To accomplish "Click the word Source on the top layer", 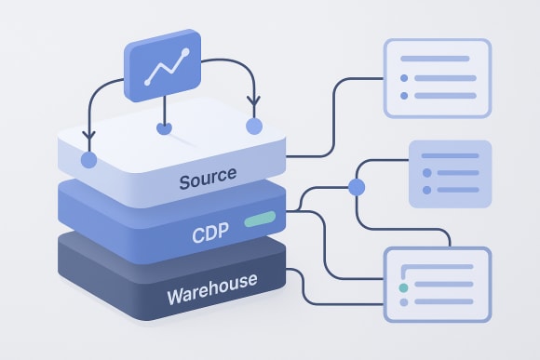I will pos(208,174).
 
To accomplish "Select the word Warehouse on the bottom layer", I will pos(211,299).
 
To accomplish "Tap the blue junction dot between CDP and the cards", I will pos(355,188).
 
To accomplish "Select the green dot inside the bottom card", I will pos(403,288).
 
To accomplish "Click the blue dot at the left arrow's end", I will pos(88,160).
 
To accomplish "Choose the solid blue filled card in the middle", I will pos(450,173).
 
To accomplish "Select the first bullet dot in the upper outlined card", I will pos(404,77).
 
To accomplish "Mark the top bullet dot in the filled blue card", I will pos(425,156).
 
